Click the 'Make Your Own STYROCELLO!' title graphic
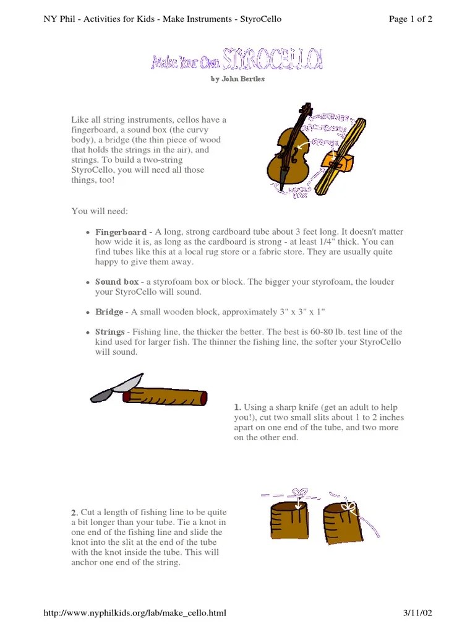[237, 61]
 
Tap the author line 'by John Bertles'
[237, 79]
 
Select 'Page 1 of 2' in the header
[410, 19]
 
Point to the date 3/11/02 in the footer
[417, 613]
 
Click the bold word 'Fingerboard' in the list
[121, 232]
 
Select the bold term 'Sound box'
[117, 282]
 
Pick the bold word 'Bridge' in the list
[109, 312]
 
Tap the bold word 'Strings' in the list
[109, 332]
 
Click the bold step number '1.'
[237, 407]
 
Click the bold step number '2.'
[74, 513]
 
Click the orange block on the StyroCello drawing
[337, 162]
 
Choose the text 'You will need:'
[100, 212]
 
